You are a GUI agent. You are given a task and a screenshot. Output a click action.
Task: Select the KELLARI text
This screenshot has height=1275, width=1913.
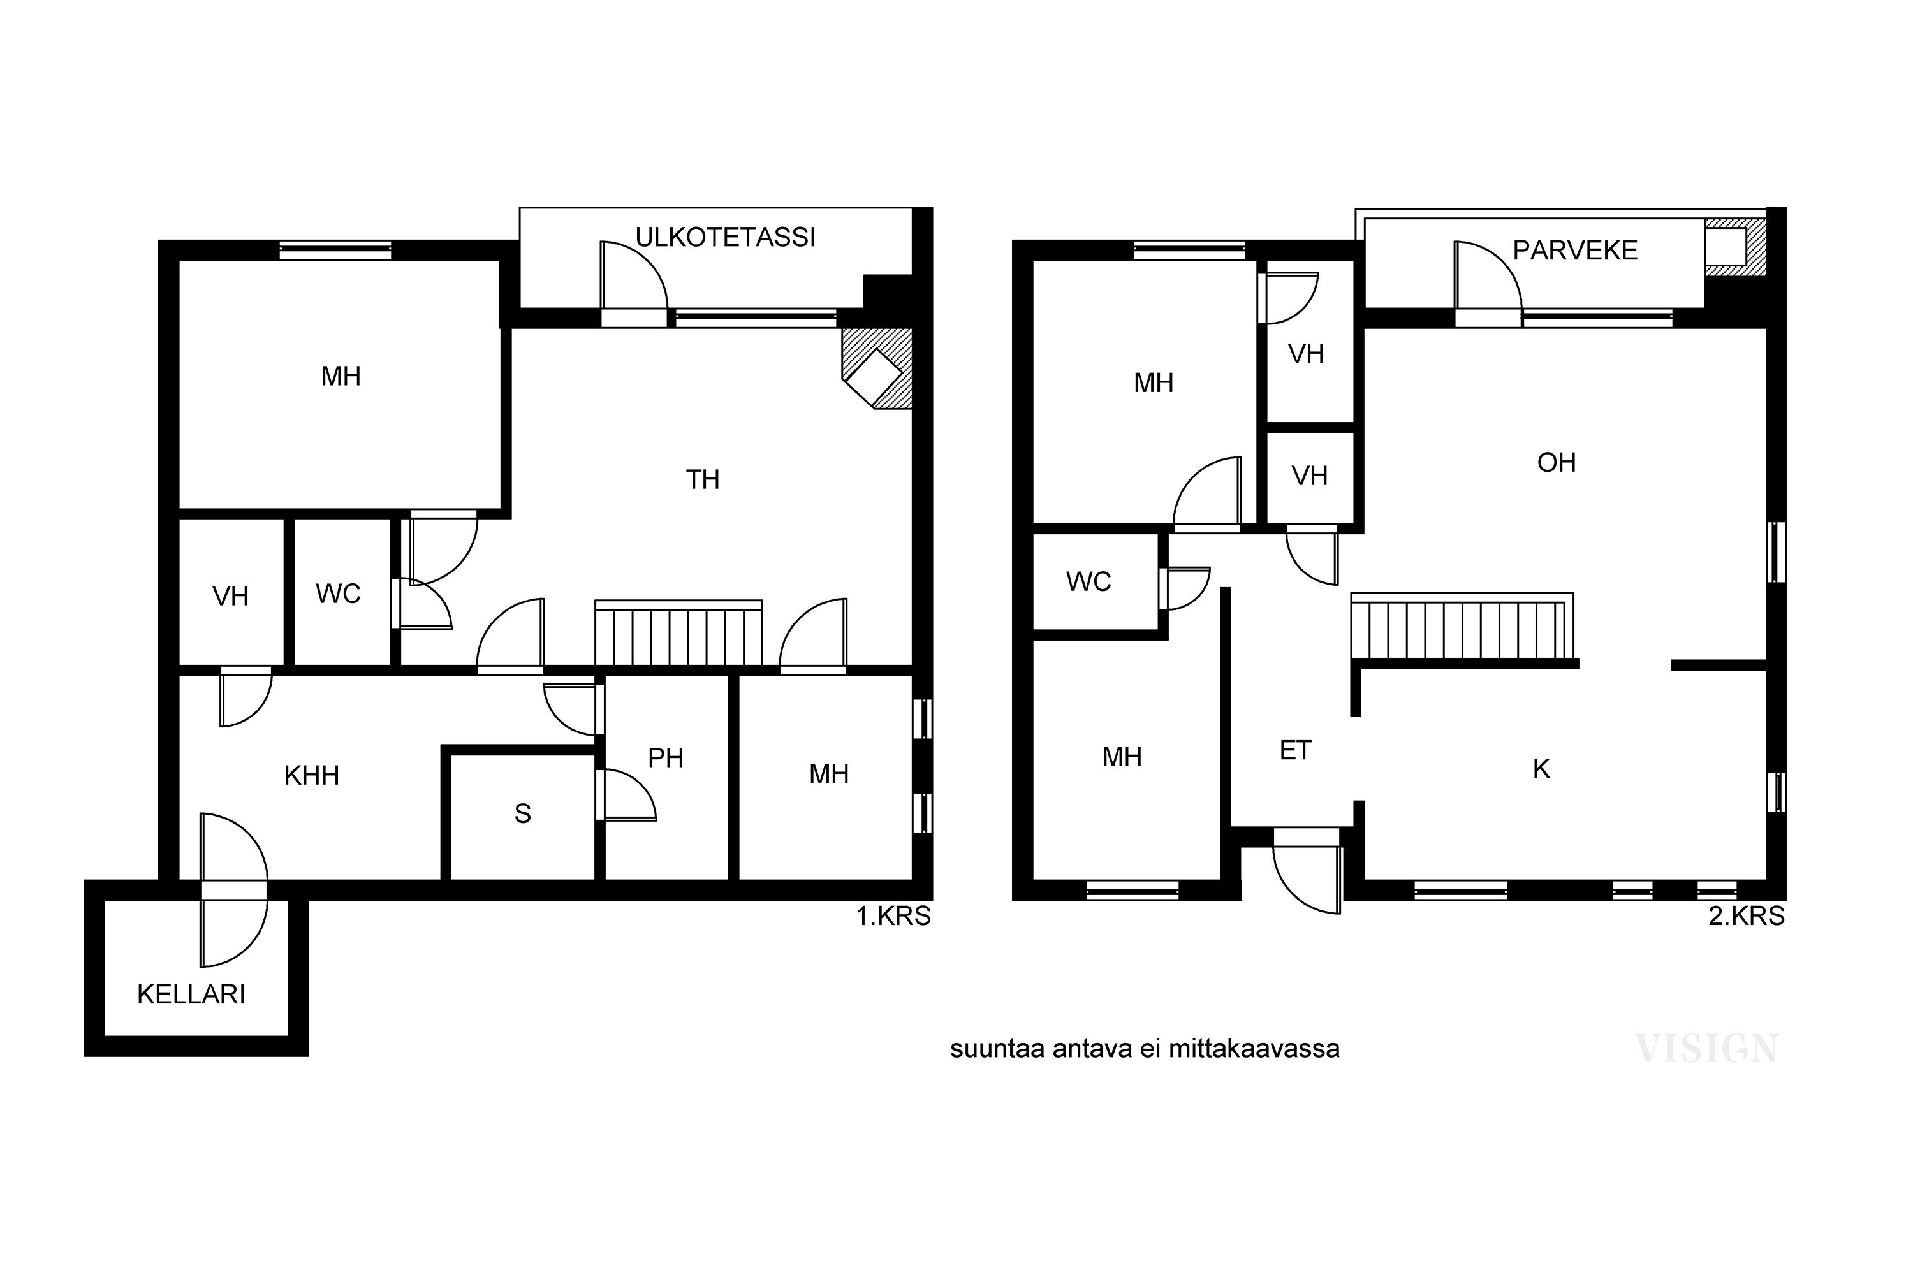pos(191,994)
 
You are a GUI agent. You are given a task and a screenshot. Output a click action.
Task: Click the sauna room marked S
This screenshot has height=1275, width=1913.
pos(522,814)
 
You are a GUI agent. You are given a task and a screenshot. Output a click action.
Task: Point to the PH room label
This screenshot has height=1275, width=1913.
pos(665,759)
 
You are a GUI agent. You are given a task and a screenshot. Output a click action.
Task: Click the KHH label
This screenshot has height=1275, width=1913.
pos(312,776)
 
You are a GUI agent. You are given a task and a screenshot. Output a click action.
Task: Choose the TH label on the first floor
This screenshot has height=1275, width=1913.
pos(703,480)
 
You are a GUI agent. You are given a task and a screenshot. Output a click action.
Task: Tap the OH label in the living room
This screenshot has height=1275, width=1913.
pos(1557,463)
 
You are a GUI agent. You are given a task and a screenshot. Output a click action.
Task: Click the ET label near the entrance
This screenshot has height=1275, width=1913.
pos(1296,750)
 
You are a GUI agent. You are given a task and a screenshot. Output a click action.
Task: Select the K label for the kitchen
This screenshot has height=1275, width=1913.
pos(1541,769)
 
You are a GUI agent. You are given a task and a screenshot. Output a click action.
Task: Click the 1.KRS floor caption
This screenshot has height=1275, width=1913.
pos(893,917)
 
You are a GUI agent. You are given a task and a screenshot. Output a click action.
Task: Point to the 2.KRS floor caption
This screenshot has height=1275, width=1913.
pos(1747,917)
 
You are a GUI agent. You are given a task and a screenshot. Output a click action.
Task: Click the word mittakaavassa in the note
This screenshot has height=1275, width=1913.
pos(1254,1049)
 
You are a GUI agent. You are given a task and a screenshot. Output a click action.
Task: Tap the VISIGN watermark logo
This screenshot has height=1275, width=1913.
pos(1707,1049)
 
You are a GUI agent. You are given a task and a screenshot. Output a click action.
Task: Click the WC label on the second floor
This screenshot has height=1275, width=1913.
pos(1088,582)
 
